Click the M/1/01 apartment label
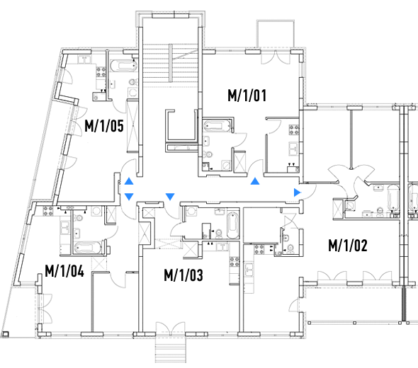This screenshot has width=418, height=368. (x=247, y=96)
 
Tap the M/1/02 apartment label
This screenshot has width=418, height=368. (x=348, y=246)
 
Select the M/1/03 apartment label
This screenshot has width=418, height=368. (x=183, y=275)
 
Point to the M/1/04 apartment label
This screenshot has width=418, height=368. (x=64, y=271)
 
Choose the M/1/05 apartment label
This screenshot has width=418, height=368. (x=104, y=126)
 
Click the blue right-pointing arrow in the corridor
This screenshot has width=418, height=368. (x=298, y=192)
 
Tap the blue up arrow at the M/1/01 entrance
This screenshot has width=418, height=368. (x=255, y=181)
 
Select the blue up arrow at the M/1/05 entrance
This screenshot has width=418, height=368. (x=129, y=181)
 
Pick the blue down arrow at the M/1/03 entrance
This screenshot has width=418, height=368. (x=170, y=197)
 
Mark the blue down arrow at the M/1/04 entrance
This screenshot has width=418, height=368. (x=129, y=197)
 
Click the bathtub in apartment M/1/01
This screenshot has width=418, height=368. (x=217, y=126)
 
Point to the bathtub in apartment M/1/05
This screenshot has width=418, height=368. (x=123, y=66)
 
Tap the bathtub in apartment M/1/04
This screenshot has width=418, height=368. (x=87, y=248)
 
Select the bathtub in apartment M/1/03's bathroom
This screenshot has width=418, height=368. (x=232, y=225)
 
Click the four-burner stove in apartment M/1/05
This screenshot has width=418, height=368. (x=101, y=72)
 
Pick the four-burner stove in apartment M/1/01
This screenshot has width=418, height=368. (x=294, y=130)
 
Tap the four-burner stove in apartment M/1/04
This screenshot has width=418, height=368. (x=48, y=211)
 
